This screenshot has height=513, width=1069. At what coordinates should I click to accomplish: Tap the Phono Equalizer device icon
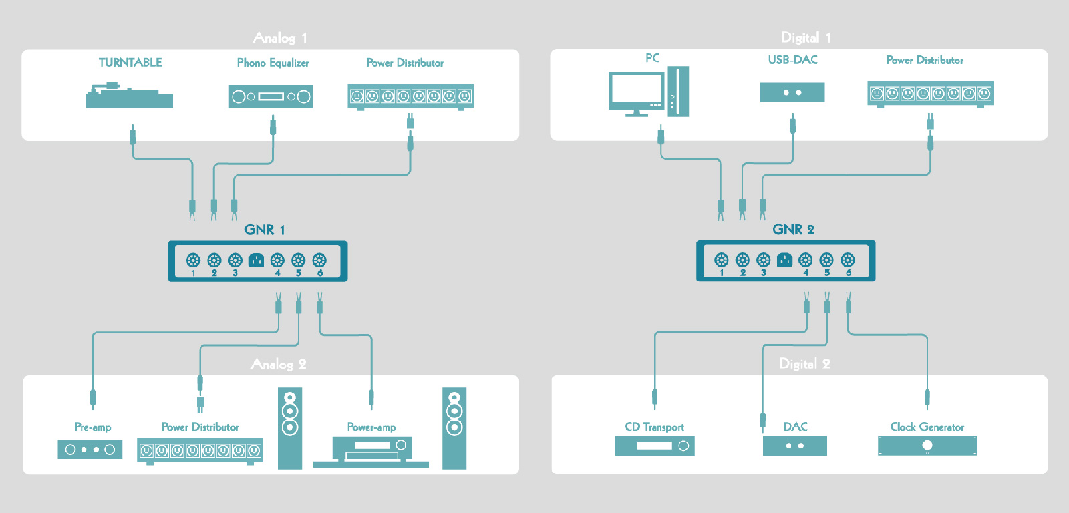click(x=271, y=96)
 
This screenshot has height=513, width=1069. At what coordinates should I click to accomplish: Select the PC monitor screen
click(x=635, y=91)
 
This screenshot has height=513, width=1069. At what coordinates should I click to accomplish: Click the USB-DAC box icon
click(x=792, y=92)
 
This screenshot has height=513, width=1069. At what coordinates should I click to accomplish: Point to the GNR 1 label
click(x=265, y=230)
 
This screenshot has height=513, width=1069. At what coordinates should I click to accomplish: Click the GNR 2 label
click(x=793, y=230)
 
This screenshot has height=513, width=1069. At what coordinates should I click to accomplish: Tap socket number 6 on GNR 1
click(x=319, y=260)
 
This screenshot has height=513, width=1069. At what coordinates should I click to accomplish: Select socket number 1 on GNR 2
click(x=721, y=260)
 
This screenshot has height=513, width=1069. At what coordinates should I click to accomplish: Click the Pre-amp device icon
click(x=90, y=450)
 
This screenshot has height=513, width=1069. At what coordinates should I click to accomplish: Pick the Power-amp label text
click(x=371, y=427)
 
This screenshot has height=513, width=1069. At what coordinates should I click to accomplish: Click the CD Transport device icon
click(x=655, y=446)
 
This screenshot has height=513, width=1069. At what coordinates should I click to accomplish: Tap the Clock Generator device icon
click(x=927, y=446)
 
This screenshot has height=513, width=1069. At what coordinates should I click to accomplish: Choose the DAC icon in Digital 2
click(x=795, y=446)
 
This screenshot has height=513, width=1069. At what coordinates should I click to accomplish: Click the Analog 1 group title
click(x=280, y=38)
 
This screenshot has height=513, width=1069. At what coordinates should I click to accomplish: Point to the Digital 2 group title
click(x=805, y=364)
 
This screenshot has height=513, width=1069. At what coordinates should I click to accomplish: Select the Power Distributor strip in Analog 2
click(x=200, y=451)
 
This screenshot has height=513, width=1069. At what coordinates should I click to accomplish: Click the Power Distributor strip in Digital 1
click(x=930, y=94)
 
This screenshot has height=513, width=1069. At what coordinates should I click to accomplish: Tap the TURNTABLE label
click(x=130, y=63)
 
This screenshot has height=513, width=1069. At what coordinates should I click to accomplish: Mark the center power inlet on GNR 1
click(x=256, y=260)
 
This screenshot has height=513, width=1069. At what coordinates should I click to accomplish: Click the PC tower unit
click(x=678, y=91)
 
